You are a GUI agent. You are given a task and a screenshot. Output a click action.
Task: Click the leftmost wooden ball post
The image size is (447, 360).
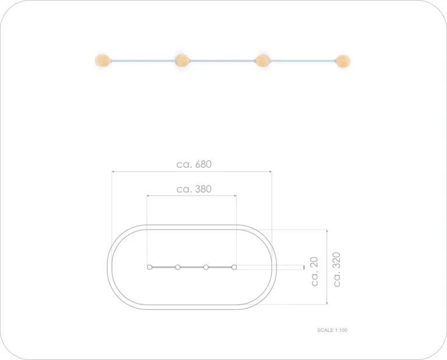[103, 61]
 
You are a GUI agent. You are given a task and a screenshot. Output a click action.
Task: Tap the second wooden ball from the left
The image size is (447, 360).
[182, 61]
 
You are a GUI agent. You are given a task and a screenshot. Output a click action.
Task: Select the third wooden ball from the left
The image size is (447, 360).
[262, 61]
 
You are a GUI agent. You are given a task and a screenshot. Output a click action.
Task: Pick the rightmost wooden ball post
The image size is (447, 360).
[343, 61]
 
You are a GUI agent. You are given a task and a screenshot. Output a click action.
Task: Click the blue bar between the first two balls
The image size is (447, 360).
[143, 61]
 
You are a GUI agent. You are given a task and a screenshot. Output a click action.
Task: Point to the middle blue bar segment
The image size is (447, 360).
[222, 61]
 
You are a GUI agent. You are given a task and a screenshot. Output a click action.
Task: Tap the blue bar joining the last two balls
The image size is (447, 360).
[303, 61]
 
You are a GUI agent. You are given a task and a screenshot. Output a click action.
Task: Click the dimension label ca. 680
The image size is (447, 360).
[194, 164]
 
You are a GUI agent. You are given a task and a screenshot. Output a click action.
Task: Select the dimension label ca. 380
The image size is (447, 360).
[194, 189]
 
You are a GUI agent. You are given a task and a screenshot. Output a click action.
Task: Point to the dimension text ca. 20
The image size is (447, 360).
[314, 271]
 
